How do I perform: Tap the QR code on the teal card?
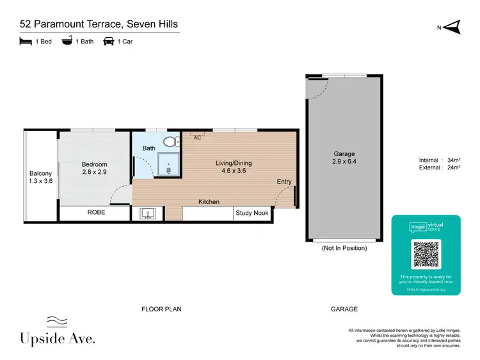point(426,254)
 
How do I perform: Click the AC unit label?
point(197,137)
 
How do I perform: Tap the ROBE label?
point(96,213)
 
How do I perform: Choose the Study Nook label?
point(252,213)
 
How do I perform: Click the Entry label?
point(284,182)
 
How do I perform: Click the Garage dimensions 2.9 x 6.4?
point(344,163)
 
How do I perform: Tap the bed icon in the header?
point(26,42)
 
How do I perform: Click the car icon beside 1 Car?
point(109,42)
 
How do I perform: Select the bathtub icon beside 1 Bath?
point(67,42)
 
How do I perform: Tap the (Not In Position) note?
point(344,247)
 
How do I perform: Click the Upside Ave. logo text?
point(58,339)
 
